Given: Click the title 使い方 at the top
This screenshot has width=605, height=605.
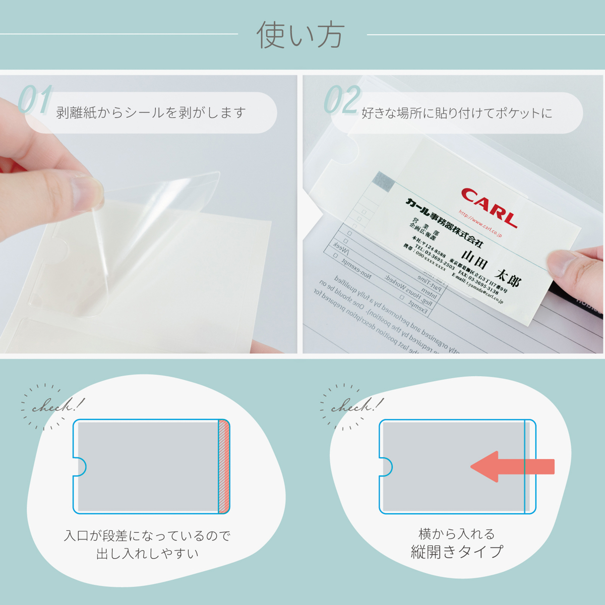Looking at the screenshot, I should click(x=300, y=35).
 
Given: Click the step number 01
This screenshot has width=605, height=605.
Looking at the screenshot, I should click(x=35, y=100).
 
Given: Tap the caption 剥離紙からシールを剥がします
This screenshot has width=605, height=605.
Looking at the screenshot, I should click(x=151, y=112).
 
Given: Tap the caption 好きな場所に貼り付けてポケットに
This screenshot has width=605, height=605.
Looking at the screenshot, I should click(x=457, y=113).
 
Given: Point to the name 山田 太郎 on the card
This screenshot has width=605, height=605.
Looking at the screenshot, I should click(x=490, y=267).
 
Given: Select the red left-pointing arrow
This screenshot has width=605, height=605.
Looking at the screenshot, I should click(x=512, y=466).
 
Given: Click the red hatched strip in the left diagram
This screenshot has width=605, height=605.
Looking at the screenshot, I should click(x=224, y=466).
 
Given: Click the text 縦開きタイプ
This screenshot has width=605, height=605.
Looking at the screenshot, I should click(x=457, y=552).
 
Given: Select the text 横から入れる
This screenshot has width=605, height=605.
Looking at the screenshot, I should click(x=457, y=533).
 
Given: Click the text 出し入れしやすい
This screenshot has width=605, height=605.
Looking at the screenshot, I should click(x=147, y=554).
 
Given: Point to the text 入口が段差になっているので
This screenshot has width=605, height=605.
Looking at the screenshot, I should click(x=147, y=535).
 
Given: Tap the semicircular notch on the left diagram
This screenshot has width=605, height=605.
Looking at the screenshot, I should click(x=80, y=466).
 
